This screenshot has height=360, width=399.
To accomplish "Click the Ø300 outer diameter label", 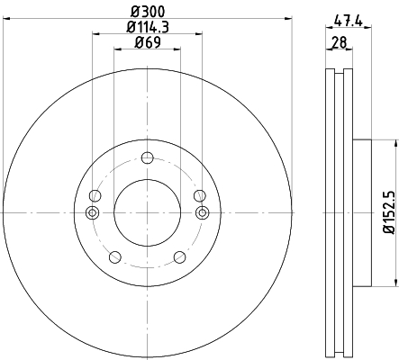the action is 148,12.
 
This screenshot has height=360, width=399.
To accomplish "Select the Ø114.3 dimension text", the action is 148,27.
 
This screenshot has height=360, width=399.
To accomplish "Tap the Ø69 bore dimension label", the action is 148,42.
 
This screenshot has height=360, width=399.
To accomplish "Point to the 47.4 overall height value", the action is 349,22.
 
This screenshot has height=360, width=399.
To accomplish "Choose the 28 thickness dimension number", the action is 340,42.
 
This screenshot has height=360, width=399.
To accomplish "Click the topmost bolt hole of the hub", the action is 148,157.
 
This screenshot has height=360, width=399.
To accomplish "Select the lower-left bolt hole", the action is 115,257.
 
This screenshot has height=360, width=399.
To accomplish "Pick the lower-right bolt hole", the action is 180,257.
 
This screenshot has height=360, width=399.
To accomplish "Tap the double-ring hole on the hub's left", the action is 93,212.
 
